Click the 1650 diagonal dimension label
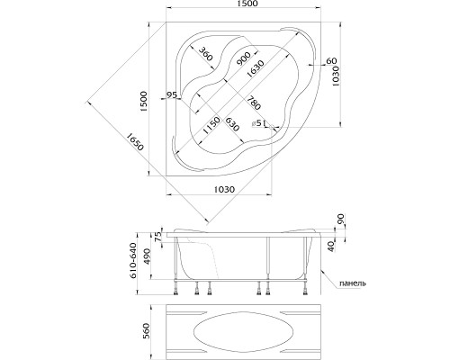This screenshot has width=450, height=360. [135, 141]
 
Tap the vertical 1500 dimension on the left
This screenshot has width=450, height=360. [144, 102]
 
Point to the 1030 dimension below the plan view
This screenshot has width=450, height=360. [225, 189]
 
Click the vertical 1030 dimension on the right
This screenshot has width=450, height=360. [335, 76]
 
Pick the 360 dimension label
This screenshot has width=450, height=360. [206, 54]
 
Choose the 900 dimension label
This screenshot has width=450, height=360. [244, 58]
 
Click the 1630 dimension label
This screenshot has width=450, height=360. [256, 69]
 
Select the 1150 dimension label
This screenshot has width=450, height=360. [211, 126]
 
